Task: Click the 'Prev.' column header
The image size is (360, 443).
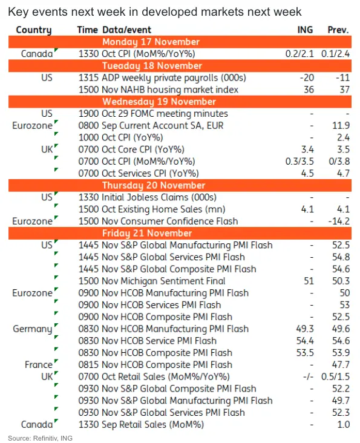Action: click(338, 30)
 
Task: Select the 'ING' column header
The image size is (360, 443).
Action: click(305, 30)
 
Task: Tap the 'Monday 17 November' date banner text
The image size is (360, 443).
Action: click(151, 42)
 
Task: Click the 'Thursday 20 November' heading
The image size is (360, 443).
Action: click(154, 185)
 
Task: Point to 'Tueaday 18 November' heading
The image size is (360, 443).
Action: click(152, 66)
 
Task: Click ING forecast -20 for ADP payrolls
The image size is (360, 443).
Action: click(307, 77)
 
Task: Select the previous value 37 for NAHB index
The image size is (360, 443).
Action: click(344, 90)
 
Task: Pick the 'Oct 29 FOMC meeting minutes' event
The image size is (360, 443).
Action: click(165, 114)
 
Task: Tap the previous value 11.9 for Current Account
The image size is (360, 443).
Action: click(341, 125)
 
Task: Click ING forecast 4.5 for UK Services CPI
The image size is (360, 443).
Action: click(307, 173)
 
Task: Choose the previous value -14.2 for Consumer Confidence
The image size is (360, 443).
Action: click(339, 221)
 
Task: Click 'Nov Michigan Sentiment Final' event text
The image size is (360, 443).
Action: click(163, 281)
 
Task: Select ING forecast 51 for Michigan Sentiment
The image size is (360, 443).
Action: click(309, 281)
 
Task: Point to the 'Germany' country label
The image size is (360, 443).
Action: click(33, 329)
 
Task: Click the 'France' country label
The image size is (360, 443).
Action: click(39, 365)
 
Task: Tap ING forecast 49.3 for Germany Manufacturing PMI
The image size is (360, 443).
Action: click(305, 329)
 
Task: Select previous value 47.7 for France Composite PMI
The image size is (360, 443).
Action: click(341, 365)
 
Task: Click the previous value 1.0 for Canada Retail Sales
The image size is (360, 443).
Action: click(344, 425)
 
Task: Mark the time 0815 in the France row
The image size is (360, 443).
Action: click(88, 365)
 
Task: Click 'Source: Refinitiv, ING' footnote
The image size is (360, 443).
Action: click(40, 438)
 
